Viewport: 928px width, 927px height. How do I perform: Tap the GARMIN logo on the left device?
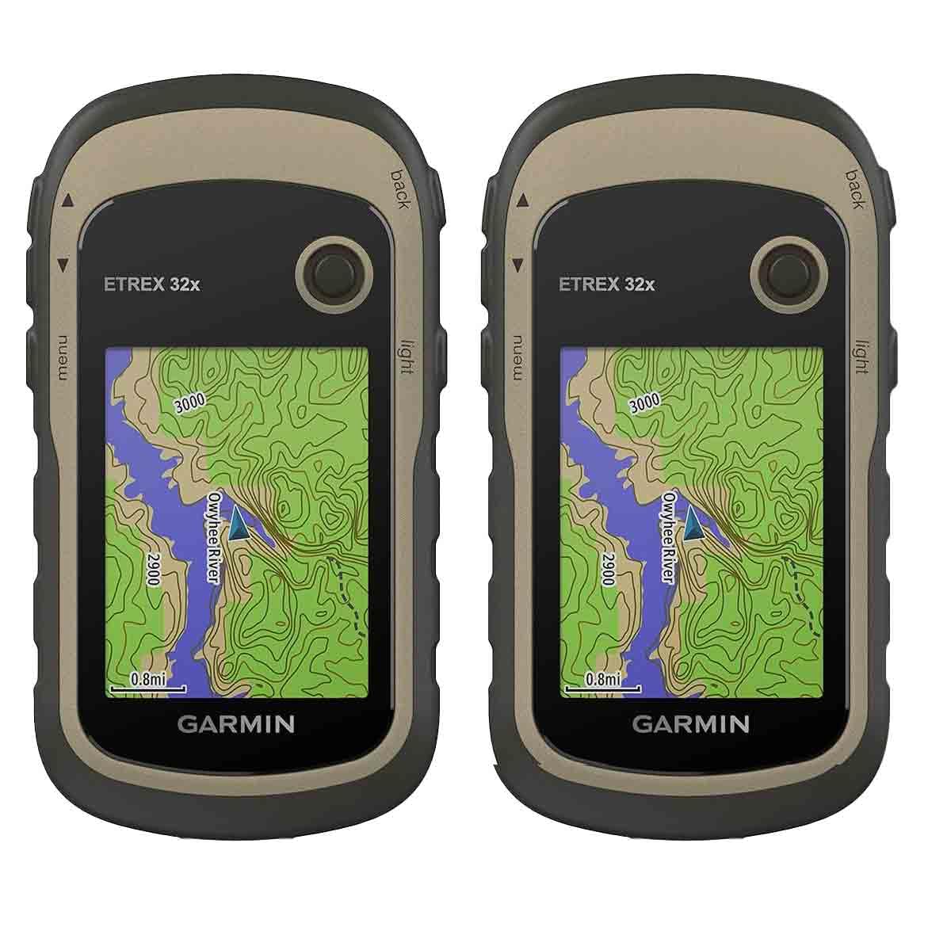coord(236,723)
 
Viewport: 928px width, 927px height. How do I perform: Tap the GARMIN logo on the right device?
coord(691,723)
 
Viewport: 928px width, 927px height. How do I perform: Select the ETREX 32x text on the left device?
coord(152,284)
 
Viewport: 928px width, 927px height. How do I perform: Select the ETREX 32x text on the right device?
coord(607,284)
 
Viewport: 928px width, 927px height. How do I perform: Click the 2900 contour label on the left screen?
coord(153,568)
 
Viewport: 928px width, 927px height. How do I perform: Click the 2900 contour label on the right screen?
coord(608,568)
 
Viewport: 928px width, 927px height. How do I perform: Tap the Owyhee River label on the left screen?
coord(212,536)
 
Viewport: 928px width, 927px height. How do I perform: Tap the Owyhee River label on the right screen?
coord(668,536)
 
